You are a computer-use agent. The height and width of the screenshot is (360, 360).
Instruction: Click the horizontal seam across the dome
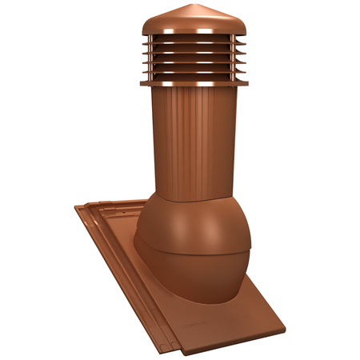[x=192, y=254]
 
